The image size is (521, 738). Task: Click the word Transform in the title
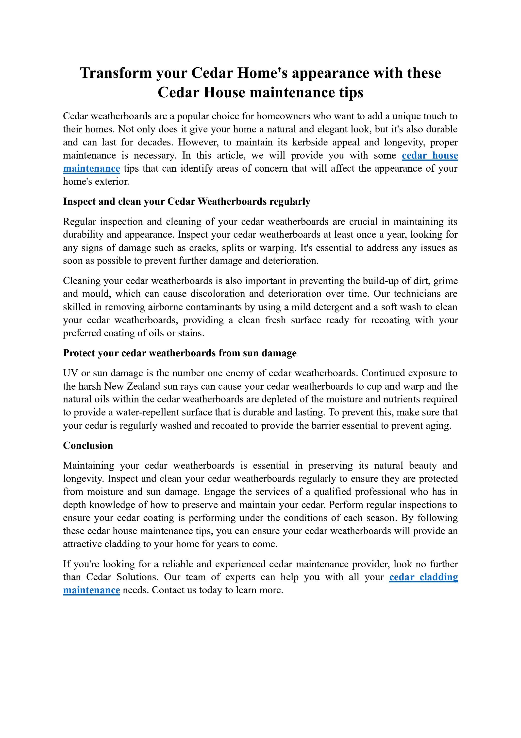pos(116,73)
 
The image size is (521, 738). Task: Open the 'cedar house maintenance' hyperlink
pos(430,156)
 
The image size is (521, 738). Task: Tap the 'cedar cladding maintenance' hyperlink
pos(423,577)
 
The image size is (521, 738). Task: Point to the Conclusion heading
pos(88,446)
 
